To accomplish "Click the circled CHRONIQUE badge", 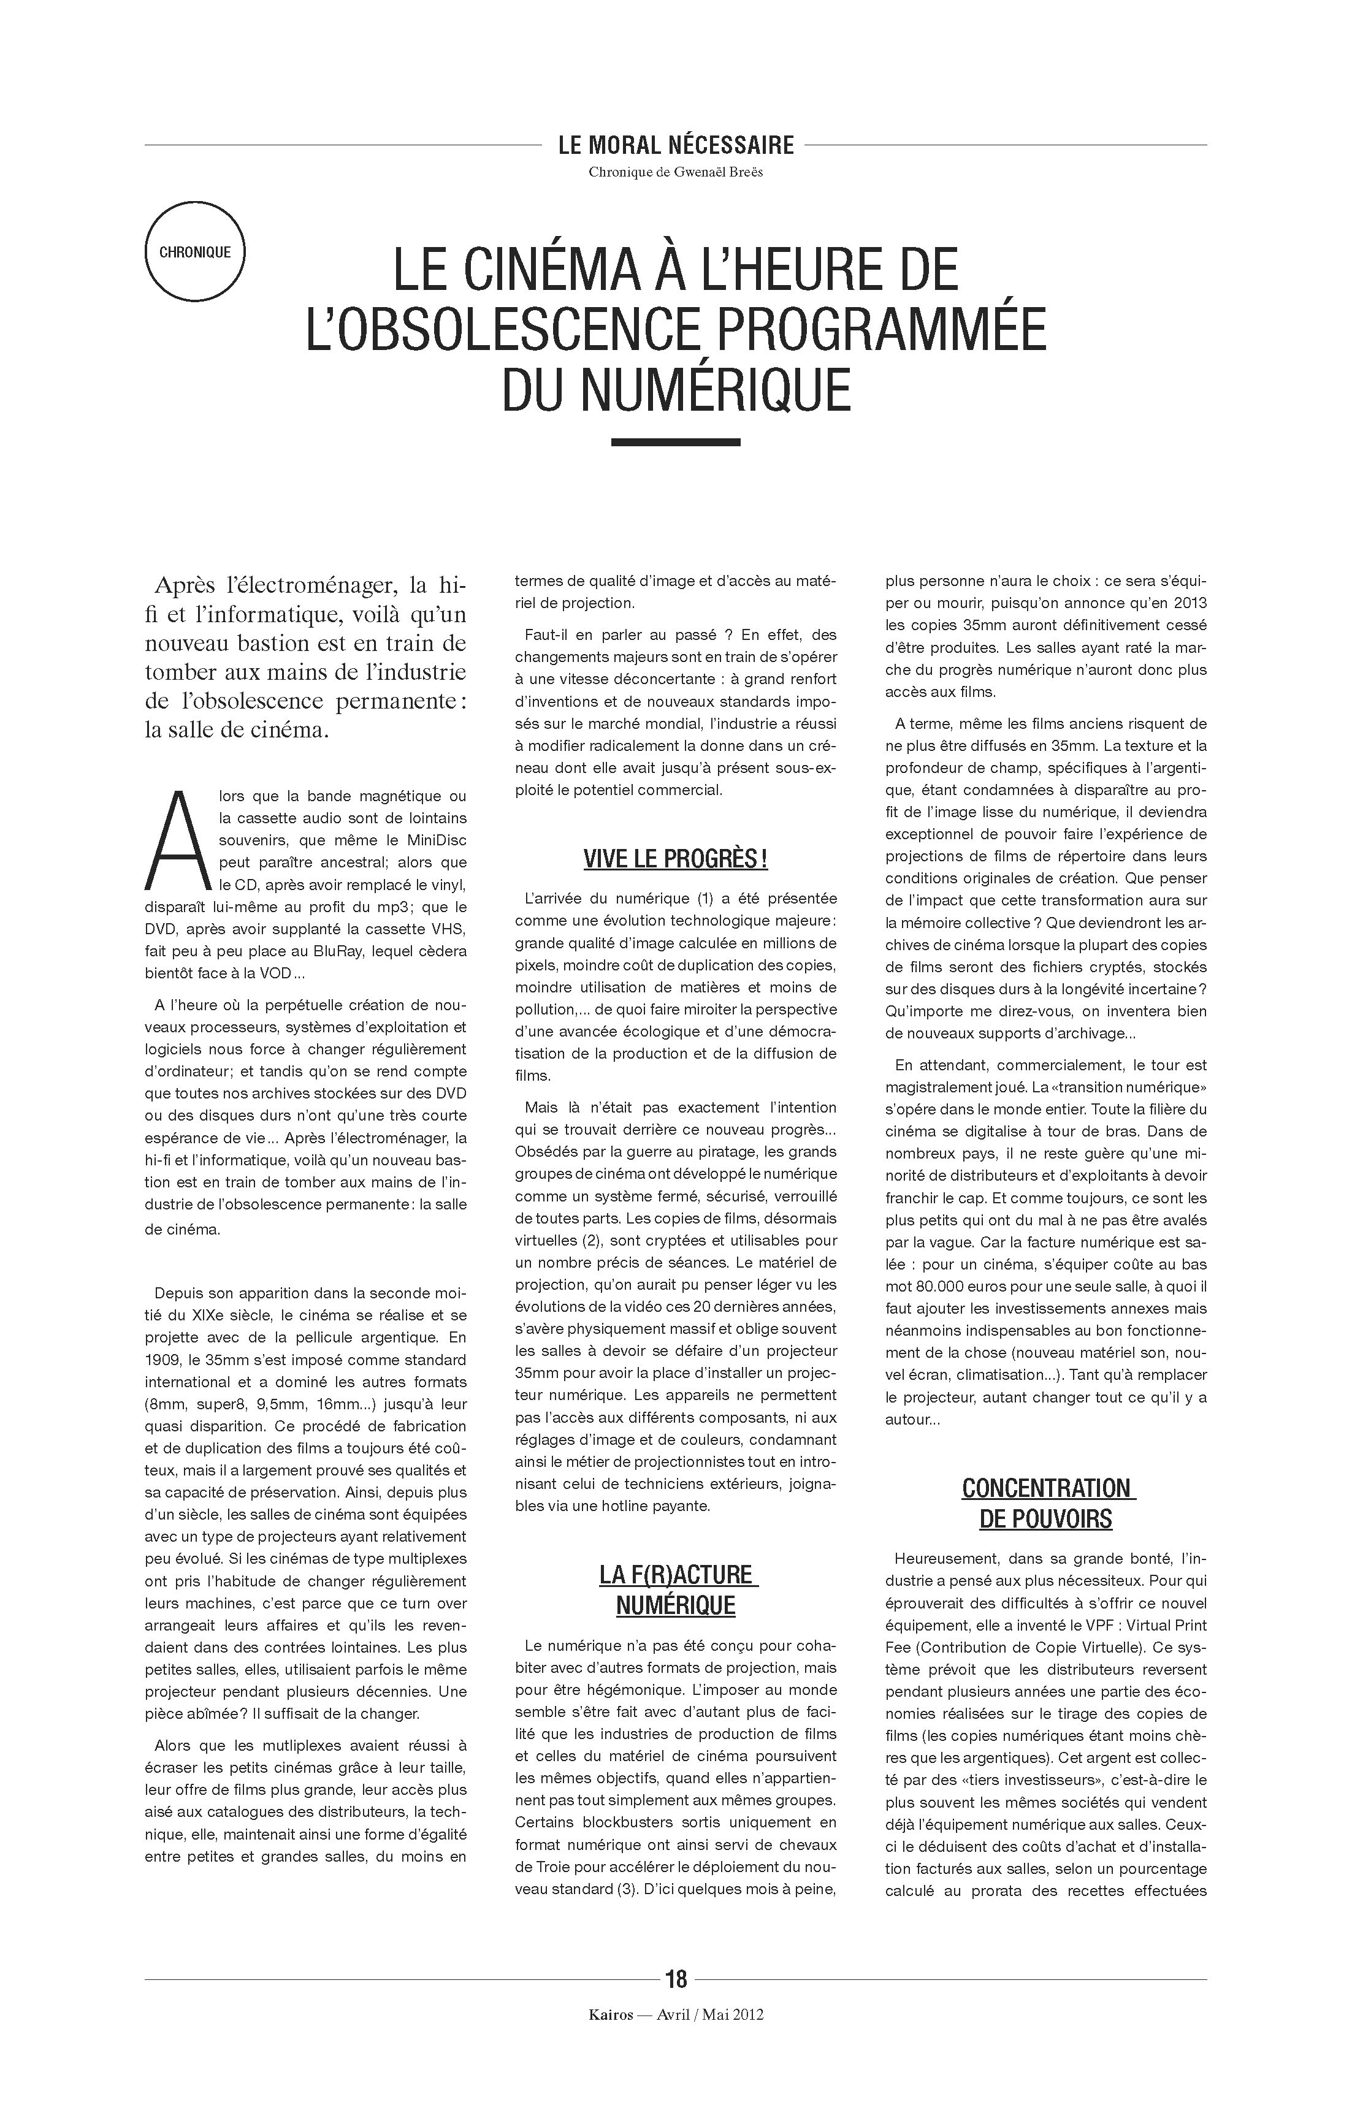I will tap(194, 253).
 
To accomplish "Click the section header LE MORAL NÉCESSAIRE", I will tap(676, 145).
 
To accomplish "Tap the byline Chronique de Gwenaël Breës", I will tap(676, 172).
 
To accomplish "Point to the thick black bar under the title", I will tap(676, 442).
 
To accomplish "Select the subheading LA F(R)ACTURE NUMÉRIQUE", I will tap(676, 1589).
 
